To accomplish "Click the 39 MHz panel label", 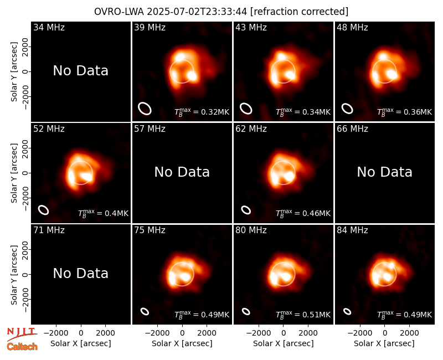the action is click(150, 27).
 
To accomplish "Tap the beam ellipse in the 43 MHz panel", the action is click(246, 109).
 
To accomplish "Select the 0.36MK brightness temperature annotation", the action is click(404, 112).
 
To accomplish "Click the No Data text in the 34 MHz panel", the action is click(80, 71).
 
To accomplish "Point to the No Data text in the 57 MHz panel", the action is click(182, 172).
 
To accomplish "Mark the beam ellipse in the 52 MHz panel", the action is click(43, 210).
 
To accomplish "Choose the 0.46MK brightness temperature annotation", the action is click(303, 213).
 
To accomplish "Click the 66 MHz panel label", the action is click(352, 129).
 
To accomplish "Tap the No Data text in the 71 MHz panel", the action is click(80, 273).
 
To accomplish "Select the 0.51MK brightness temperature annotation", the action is click(303, 315).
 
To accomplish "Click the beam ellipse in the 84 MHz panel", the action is click(347, 311).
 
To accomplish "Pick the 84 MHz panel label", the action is click(352, 230).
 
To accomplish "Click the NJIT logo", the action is click(22, 334).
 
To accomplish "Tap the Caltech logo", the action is click(22, 347).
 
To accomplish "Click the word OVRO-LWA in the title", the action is click(119, 12).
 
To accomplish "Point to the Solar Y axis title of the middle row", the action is click(14, 173).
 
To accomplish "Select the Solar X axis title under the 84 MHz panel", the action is click(384, 343).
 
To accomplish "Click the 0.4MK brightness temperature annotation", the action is click(103, 213).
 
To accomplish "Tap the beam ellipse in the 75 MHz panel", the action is click(145, 311).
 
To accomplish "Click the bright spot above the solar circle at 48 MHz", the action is click(383, 56).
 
